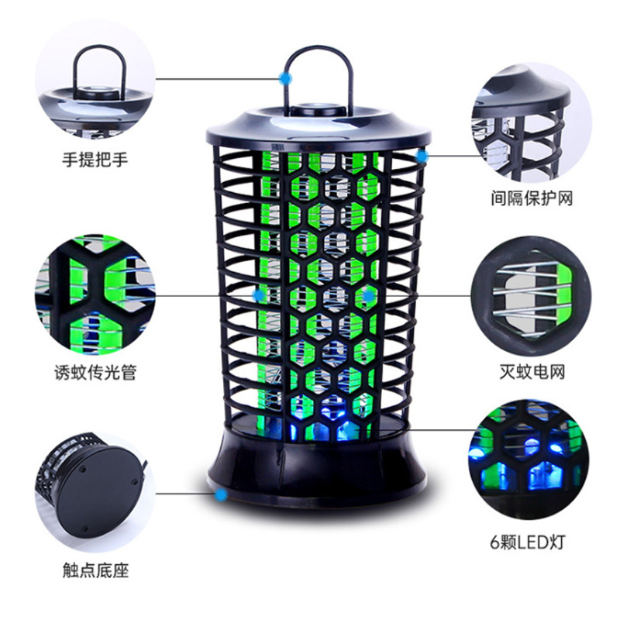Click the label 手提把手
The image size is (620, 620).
pyautogui.click(x=95, y=160)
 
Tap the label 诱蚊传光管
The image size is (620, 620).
pyautogui.click(x=95, y=372)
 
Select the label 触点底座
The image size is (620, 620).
pyautogui.click(x=95, y=570)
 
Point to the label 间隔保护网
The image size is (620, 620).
pyautogui.click(x=532, y=198)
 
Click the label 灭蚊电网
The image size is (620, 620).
pyautogui.click(x=532, y=372)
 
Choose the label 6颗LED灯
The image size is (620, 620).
pyautogui.click(x=528, y=542)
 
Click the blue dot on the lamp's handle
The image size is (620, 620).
pyautogui.click(x=284, y=79)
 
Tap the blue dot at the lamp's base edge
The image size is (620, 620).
pyautogui.click(x=221, y=494)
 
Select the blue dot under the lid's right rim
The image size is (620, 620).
pyautogui.click(x=422, y=157)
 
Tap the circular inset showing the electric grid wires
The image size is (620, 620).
pyautogui.click(x=531, y=295)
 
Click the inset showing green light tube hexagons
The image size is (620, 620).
pyautogui.click(x=95, y=294)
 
